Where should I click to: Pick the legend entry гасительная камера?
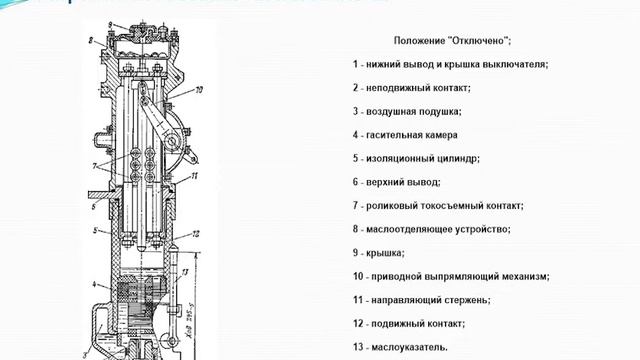click(x=411, y=134)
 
